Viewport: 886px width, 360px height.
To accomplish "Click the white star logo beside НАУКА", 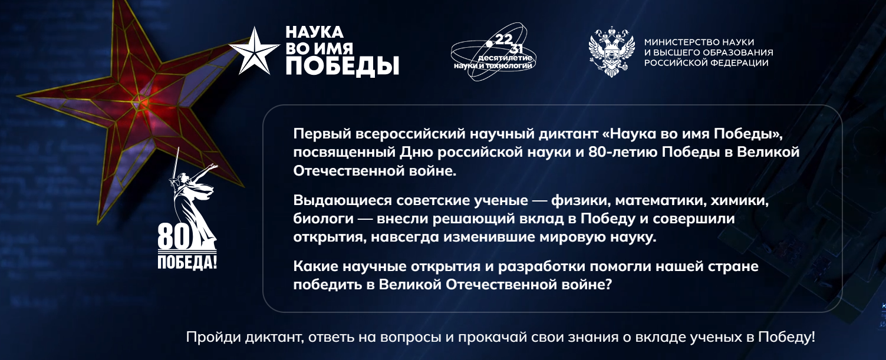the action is click(x=254, y=51).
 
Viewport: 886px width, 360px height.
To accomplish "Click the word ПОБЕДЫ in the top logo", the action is click(x=342, y=66).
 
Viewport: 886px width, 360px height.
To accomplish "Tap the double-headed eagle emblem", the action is click(x=611, y=51).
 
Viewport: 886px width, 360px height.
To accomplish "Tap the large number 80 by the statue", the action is click(x=174, y=237).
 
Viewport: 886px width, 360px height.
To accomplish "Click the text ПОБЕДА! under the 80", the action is click(x=187, y=262).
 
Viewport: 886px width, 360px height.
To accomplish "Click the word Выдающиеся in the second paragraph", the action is click(x=342, y=201).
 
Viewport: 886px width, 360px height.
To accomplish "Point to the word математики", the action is click(x=661, y=201).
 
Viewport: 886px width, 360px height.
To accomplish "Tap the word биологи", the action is click(x=323, y=219).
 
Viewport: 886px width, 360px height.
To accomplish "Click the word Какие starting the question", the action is click(x=315, y=266).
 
